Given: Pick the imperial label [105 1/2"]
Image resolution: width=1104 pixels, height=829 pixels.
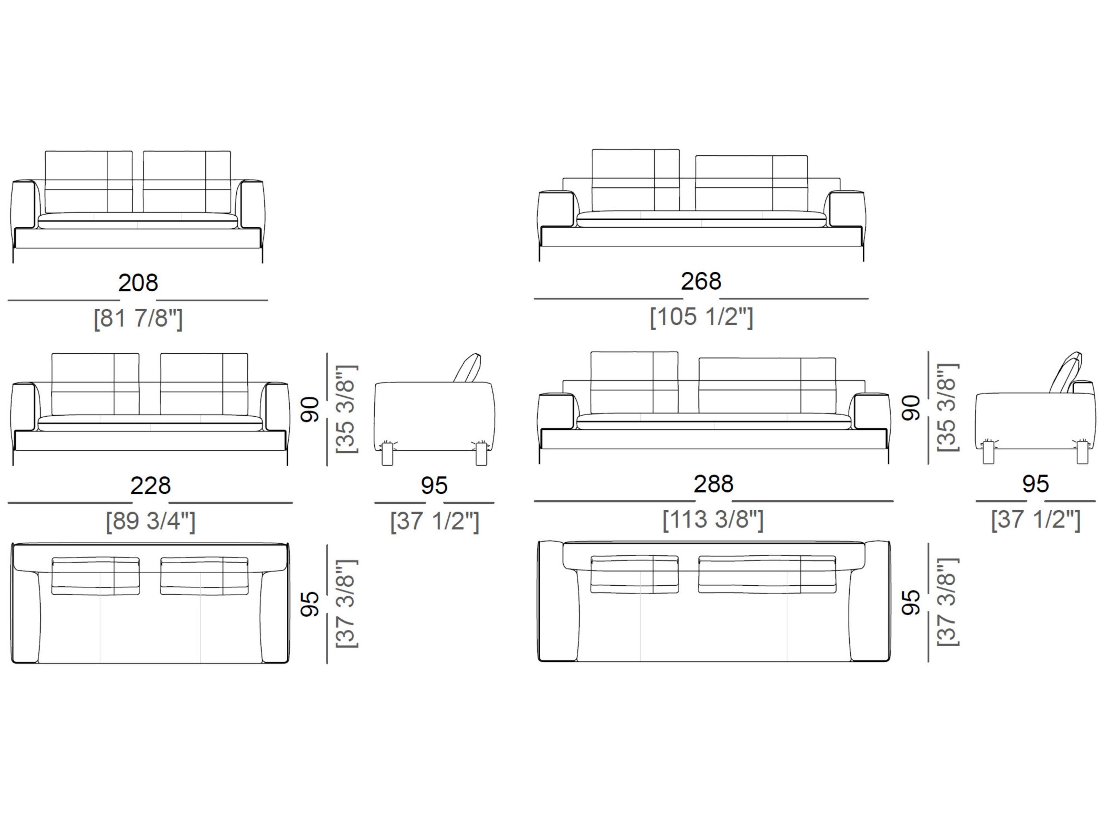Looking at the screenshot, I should click(701, 317).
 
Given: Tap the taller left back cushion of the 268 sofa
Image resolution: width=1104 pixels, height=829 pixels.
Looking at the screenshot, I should click(635, 180).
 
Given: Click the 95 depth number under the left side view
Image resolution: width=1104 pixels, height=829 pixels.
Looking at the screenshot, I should click(434, 486).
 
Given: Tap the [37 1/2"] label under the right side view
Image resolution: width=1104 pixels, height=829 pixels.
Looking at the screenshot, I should click(1036, 520).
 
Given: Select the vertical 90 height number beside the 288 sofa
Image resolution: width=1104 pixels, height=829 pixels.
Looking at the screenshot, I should click(911, 408).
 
